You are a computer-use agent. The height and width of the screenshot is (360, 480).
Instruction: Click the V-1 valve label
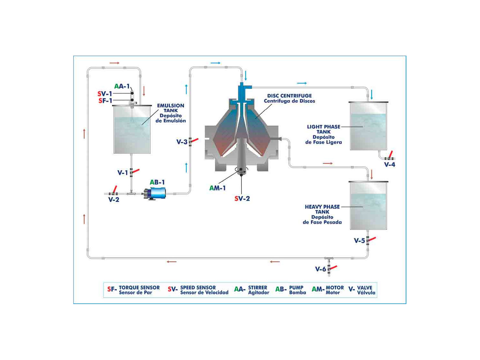click(123, 173)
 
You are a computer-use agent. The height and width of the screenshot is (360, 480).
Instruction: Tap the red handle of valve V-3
click(194, 140)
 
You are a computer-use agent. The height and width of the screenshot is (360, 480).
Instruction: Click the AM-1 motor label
click(217, 188)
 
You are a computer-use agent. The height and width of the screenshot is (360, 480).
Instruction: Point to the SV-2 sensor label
click(242, 198)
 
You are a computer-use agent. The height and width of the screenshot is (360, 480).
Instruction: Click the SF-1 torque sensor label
click(105, 100)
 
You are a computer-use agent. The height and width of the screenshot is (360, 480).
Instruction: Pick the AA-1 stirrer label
click(122, 86)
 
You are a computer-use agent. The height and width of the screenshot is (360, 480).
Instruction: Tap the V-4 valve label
click(389, 164)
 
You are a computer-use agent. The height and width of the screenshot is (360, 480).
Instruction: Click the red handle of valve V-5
click(372, 239)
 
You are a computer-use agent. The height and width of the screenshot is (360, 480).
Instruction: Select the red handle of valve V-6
click(333, 268)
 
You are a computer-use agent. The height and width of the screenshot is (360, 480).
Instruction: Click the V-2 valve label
click(114, 200)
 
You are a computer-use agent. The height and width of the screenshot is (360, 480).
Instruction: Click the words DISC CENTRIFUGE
click(289, 96)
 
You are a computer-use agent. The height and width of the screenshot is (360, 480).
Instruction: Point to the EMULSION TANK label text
click(171, 108)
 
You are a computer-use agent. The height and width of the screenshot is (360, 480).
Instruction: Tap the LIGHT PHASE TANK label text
click(324, 129)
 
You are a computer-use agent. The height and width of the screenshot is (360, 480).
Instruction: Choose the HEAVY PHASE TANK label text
click(322, 209)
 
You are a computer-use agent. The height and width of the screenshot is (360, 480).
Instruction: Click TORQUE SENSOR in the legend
click(139, 287)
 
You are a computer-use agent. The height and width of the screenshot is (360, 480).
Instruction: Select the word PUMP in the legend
click(296, 287)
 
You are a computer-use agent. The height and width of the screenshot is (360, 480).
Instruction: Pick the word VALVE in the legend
click(364, 287)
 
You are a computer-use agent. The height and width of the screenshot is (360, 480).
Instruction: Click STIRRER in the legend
click(258, 287)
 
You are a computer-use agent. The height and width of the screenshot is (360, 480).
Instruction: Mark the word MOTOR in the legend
click(335, 287)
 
